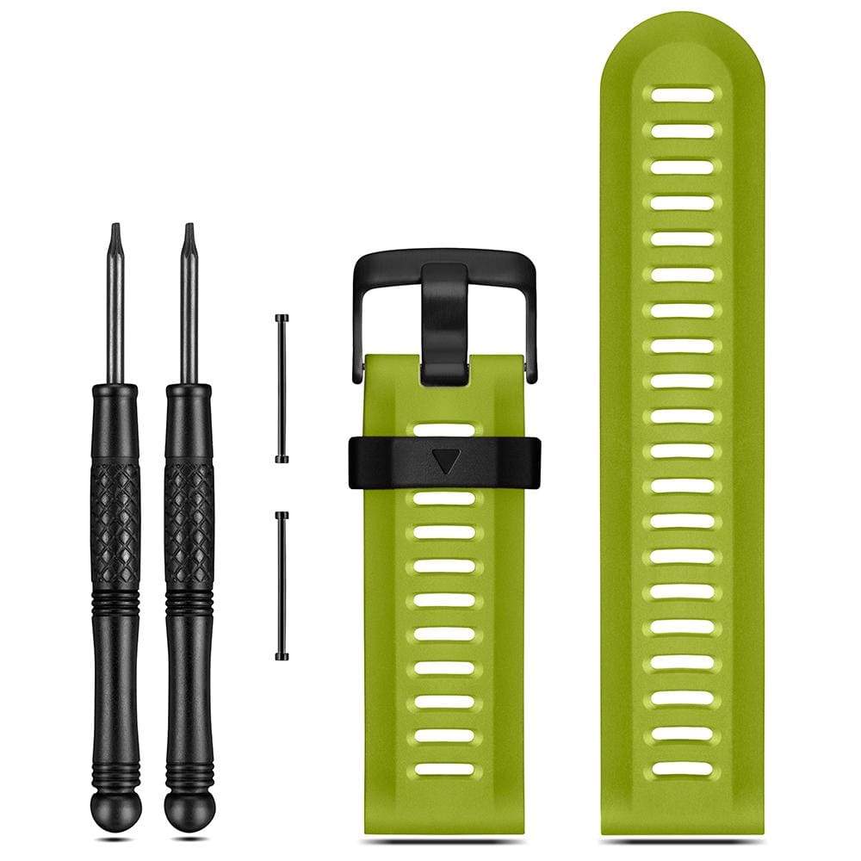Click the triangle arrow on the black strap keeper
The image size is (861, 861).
(x=444, y=461)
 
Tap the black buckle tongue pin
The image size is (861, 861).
(x=444, y=323)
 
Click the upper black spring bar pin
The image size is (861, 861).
(x=282, y=388)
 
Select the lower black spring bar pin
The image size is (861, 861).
(x=282, y=585)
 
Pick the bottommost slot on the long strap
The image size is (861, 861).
(x=683, y=768)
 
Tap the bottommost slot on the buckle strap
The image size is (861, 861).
(x=444, y=769)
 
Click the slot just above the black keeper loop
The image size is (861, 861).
(x=444, y=429)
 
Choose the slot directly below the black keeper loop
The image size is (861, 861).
(x=444, y=498)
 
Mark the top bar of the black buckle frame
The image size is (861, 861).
(x=444, y=257)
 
